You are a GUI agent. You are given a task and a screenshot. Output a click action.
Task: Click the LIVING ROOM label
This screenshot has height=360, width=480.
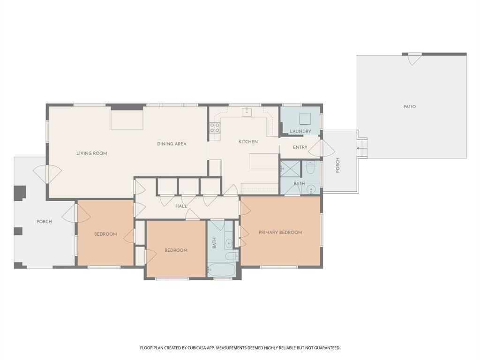click(x=92, y=153)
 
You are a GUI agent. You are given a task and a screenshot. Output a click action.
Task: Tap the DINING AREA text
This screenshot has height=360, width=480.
click(x=172, y=144)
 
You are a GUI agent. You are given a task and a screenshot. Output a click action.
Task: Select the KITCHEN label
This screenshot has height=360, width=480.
click(x=248, y=142)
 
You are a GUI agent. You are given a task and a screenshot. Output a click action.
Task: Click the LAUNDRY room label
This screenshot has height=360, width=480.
click(x=300, y=131)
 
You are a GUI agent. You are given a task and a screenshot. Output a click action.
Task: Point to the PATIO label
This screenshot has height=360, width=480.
click(x=409, y=107)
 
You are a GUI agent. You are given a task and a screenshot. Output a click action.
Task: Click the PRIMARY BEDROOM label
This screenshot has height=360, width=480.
click(x=280, y=232)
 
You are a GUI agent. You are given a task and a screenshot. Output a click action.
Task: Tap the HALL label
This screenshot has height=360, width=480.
click(x=181, y=206)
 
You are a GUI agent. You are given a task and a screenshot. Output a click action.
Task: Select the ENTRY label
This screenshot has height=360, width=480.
click(x=300, y=147)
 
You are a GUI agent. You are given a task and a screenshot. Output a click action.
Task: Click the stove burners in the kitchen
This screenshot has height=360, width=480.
click(x=215, y=128)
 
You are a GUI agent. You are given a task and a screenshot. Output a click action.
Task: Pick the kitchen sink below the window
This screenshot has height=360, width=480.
click(x=247, y=112)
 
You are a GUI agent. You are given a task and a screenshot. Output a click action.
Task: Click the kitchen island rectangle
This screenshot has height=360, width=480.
click(x=263, y=161)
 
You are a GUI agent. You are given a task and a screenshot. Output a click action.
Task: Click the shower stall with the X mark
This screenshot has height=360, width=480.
click(x=290, y=168)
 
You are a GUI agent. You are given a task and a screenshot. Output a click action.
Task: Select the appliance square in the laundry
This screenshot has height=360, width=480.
click(x=305, y=118)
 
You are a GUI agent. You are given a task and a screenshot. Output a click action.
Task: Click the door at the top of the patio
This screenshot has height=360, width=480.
click(x=412, y=59)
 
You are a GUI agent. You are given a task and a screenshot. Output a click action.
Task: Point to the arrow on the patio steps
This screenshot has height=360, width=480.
click(x=360, y=148)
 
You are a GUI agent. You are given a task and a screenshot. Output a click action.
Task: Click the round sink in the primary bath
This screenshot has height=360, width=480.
click(x=311, y=189)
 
